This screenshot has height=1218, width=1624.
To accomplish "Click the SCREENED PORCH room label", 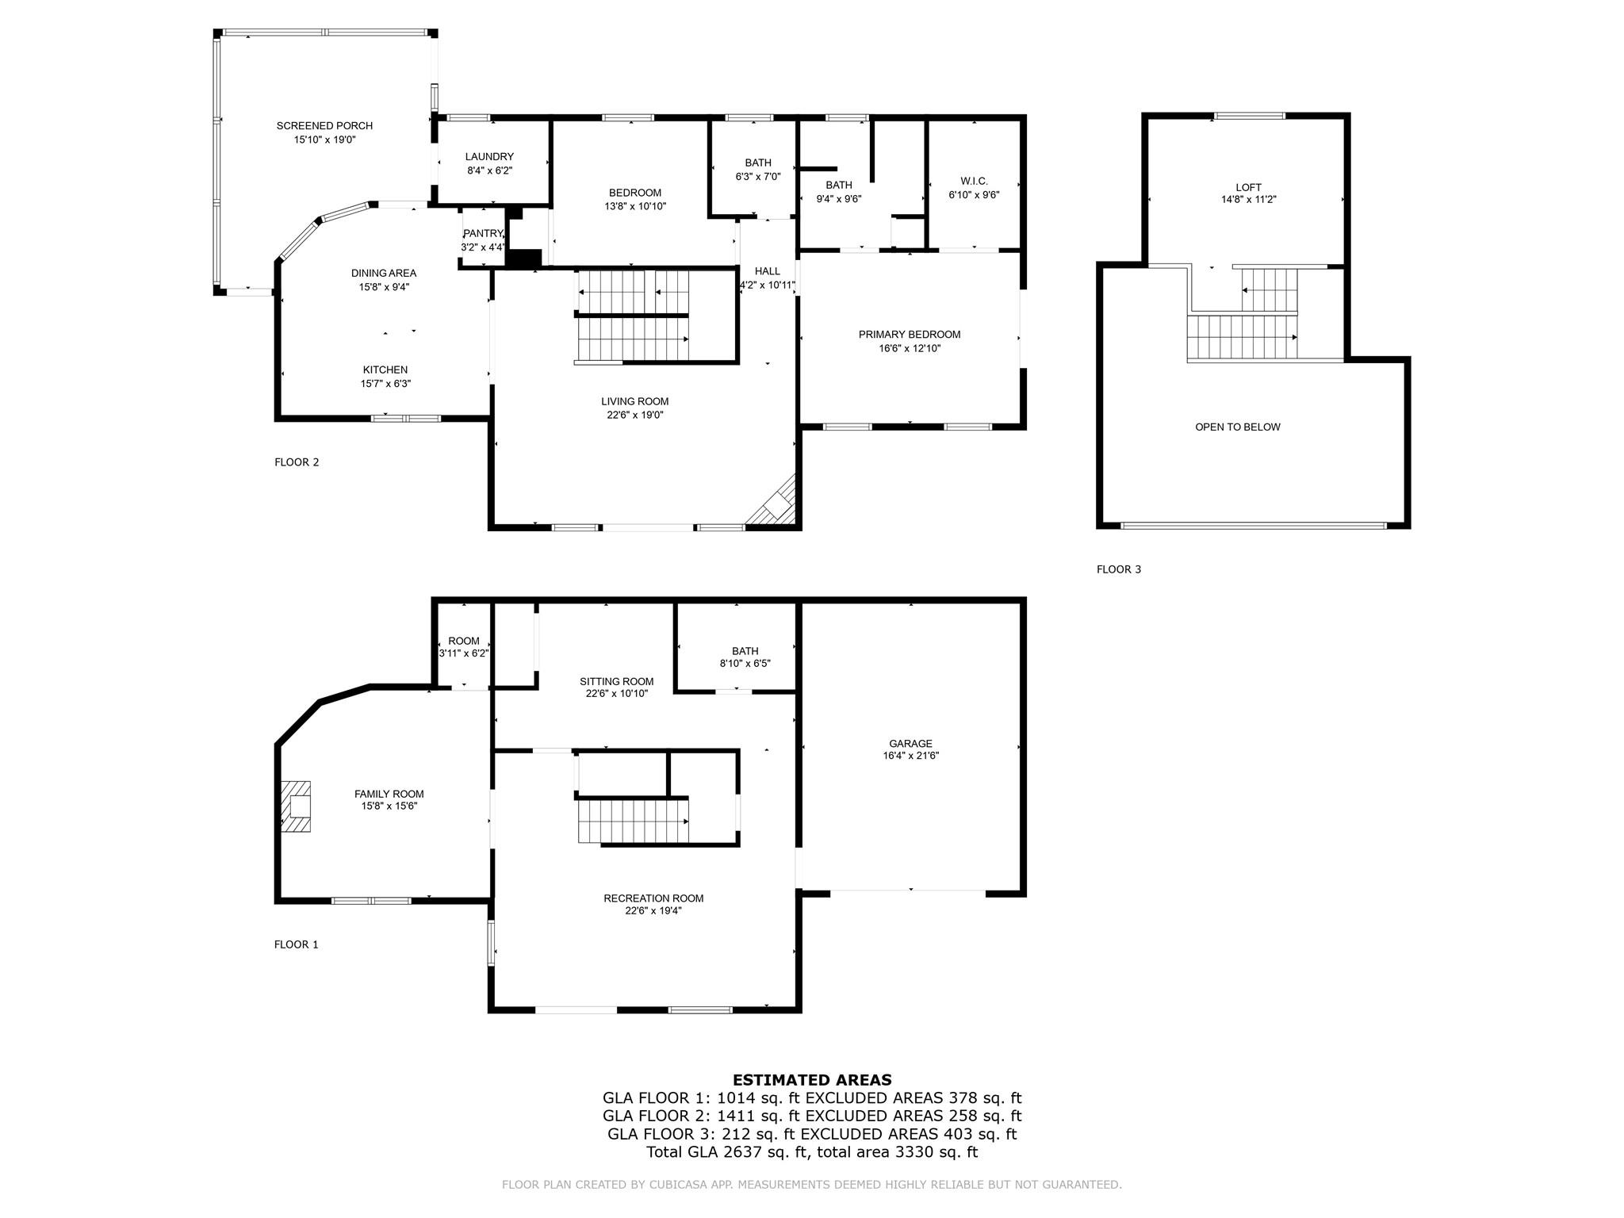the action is point(324,126).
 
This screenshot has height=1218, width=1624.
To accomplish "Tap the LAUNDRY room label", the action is point(489,157).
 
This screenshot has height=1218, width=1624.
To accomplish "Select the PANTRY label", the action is point(483,233).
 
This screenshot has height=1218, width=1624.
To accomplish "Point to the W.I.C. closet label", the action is point(974,182).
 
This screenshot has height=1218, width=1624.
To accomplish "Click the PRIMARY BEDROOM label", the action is point(910,335).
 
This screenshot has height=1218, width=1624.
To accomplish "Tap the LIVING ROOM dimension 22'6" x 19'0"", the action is point(634,415).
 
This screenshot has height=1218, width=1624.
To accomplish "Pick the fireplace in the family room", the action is point(295,806).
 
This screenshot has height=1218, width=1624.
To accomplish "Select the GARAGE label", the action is point(910,744).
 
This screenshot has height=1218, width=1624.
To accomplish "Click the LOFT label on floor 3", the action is point(1248,188).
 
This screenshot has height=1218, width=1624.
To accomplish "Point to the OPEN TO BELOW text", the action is point(1238,427).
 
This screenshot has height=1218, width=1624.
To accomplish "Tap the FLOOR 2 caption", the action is point(297,462).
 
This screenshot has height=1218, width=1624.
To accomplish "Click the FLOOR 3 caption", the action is point(1119,569).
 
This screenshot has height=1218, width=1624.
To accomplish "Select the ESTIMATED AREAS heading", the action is point(812,1080).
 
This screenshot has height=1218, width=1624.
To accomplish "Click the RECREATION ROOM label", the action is point(653,898).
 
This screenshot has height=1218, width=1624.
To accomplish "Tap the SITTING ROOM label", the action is point(616,682).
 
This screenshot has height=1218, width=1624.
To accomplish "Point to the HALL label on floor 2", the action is point(768,272).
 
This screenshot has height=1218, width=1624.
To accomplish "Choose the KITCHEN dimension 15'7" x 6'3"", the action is point(385,384).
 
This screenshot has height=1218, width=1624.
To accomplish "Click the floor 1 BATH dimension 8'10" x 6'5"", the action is point(745,664).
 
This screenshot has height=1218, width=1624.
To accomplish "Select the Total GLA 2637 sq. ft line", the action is point(812,1152).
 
